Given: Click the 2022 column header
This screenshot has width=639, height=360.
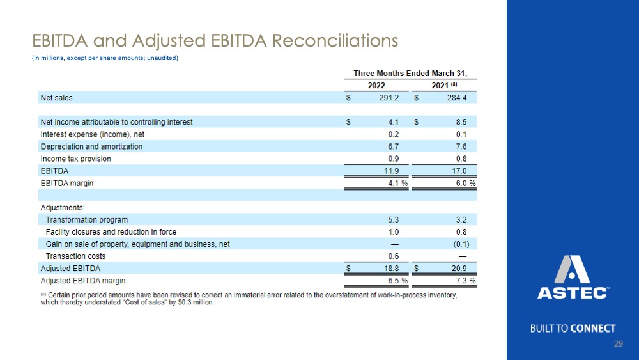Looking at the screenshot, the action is (x=376, y=86).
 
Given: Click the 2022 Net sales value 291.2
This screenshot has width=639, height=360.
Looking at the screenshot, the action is (x=389, y=98).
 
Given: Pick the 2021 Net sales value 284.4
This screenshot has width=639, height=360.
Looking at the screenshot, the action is (x=457, y=98).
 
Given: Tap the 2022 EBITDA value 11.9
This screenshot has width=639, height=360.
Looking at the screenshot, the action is (x=391, y=171).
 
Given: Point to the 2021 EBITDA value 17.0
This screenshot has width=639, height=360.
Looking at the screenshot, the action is (x=459, y=171).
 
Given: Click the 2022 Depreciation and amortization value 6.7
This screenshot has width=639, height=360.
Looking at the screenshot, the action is (x=393, y=146).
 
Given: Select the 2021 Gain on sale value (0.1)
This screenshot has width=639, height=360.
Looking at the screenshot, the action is (x=461, y=244).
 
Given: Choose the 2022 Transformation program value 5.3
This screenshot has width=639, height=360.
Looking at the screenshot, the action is (x=393, y=220).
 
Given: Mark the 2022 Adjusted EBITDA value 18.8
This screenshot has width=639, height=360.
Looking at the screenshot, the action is (x=391, y=269).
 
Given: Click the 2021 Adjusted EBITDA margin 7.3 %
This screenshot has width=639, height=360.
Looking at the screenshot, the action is (x=466, y=281).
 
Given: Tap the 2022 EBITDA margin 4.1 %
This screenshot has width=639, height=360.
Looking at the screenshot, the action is (x=397, y=183).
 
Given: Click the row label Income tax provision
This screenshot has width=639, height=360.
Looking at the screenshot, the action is (x=76, y=159).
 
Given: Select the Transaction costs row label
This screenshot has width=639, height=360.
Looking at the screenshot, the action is (x=75, y=256).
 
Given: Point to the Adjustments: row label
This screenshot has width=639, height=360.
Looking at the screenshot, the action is (x=63, y=208).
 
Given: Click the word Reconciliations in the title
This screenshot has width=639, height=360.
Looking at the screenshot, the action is (x=335, y=40).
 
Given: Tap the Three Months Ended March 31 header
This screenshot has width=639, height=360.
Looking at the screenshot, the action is (x=410, y=74).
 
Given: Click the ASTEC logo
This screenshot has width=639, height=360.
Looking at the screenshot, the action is (x=573, y=278).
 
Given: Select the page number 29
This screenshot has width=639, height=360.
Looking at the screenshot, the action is (x=618, y=343).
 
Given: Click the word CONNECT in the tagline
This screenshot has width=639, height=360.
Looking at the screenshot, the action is (x=593, y=328).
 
